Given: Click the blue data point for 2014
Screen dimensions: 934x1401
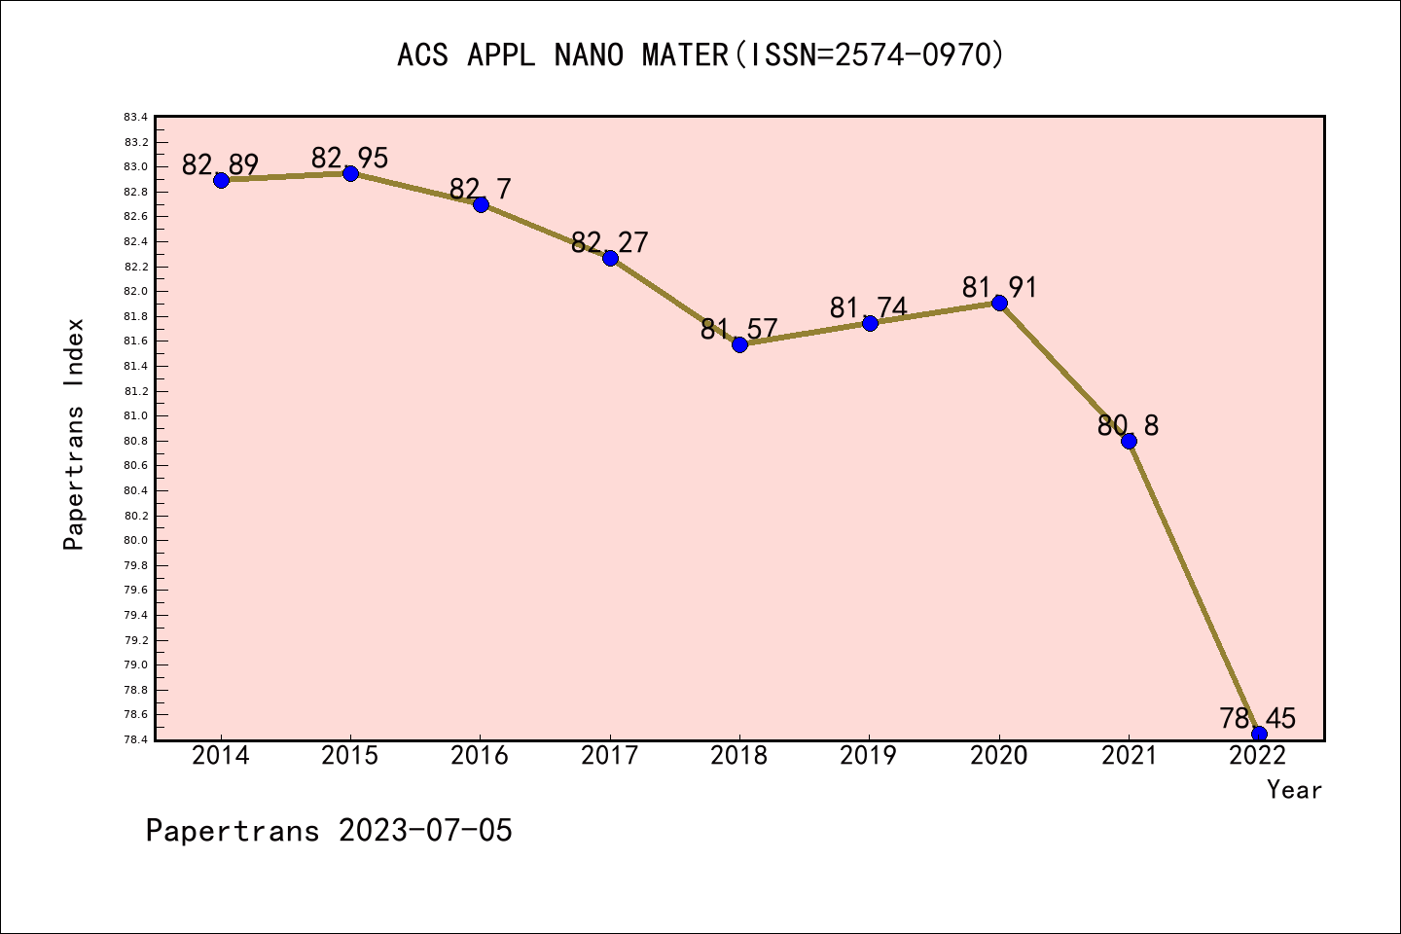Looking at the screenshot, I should pyautogui.click(x=221, y=180).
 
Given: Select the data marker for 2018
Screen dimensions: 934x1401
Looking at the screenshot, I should pyautogui.click(x=739, y=344).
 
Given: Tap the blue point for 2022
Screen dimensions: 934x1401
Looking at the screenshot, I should pyautogui.click(x=1259, y=734).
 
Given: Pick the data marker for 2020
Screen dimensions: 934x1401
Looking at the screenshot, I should pyautogui.click(x=999, y=303).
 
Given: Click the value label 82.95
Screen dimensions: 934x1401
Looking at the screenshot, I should pyautogui.click(x=350, y=158).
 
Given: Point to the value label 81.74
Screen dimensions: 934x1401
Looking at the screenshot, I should pyautogui.click(x=869, y=307).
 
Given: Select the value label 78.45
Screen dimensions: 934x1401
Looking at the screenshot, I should pyautogui.click(x=1258, y=719).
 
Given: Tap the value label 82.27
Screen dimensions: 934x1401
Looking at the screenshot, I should pyautogui.click(x=610, y=242).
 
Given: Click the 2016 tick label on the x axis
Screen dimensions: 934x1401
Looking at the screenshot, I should pyautogui.click(x=480, y=756).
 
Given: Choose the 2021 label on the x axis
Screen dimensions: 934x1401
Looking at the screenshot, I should pyautogui.click(x=1129, y=756).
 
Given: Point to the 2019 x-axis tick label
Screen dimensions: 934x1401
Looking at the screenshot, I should pyautogui.click(x=869, y=756).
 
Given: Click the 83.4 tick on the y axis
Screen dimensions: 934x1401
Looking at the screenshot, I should pyautogui.click(x=136, y=117).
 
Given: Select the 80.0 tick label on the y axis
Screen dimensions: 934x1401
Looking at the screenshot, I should pyautogui.click(x=136, y=541).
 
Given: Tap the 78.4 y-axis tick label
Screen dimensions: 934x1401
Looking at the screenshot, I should pyautogui.click(x=136, y=739).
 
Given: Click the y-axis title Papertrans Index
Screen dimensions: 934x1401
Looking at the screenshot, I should pyautogui.click(x=74, y=434).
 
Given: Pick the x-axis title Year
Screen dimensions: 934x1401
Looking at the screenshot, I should pyautogui.click(x=1294, y=790).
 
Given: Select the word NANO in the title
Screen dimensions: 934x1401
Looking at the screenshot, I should pyautogui.click(x=588, y=54).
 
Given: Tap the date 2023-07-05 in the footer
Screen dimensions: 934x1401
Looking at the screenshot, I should pyautogui.click(x=425, y=831).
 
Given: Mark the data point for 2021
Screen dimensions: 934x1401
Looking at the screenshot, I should pyautogui.click(x=1129, y=441).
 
